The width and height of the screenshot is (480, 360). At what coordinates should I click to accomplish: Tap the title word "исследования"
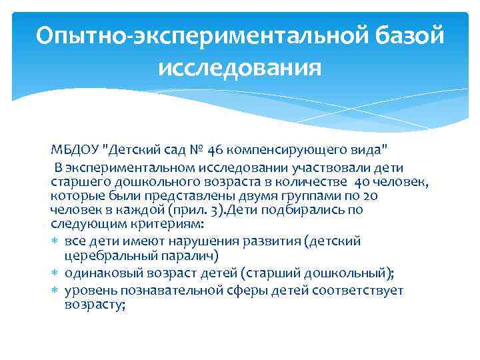tap(240, 67)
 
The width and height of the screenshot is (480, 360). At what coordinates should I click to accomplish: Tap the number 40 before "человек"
tap(362, 182)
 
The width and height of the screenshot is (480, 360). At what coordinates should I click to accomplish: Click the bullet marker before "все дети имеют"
tap(55, 241)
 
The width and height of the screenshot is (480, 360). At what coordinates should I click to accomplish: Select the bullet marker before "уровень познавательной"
tap(55, 291)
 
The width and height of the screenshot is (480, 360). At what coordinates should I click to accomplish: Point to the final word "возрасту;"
tap(95, 305)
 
